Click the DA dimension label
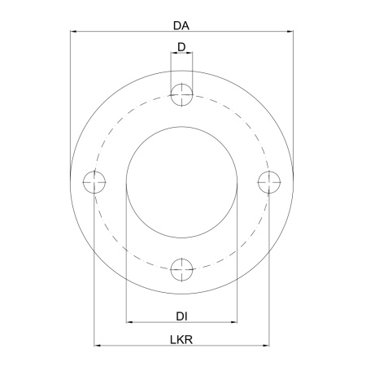pos(181,26)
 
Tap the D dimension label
pos(181,47)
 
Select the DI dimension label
pos(181,316)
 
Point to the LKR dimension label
pos(181,340)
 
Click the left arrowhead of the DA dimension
pos(73,32)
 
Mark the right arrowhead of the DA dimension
pos(290,32)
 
